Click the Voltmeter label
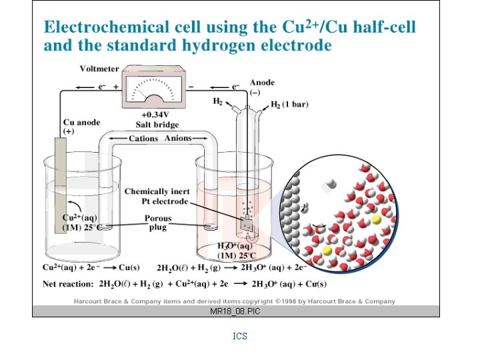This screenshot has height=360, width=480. [x=99, y=68]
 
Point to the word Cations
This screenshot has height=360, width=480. [x=143, y=139]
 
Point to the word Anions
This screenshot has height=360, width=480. [x=178, y=139]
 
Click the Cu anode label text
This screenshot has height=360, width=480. [x=82, y=123]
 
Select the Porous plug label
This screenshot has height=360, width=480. [x=158, y=223]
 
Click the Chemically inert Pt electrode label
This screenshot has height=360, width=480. [x=157, y=197]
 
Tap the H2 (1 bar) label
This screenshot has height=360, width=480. [x=288, y=105]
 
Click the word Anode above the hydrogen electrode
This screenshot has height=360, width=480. [x=262, y=83]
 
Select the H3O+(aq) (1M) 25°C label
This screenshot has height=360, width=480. [x=237, y=251]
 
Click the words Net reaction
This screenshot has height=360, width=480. [x=69, y=284]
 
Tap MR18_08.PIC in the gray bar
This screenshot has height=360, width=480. [x=235, y=311]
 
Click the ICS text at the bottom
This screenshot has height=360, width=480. [x=240, y=337]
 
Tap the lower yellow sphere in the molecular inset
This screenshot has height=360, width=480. [x=327, y=250]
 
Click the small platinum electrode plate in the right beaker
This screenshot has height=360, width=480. [x=247, y=225]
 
